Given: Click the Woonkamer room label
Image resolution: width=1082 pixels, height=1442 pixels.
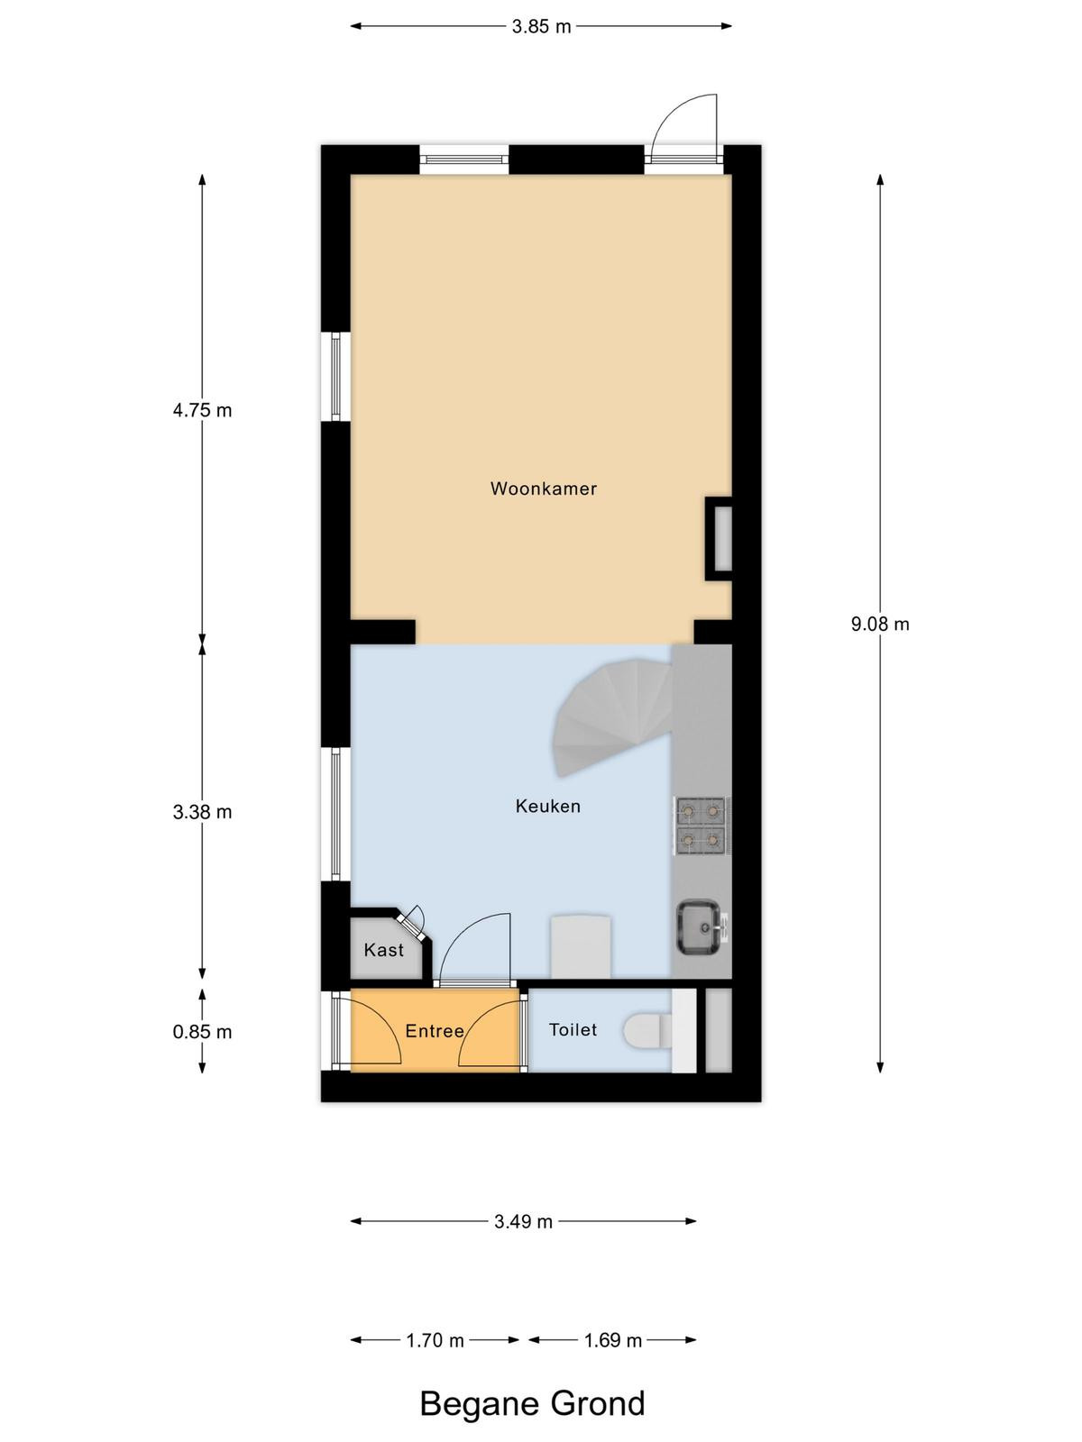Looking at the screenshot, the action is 544,488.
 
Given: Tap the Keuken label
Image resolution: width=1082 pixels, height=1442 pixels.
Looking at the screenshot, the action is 548,806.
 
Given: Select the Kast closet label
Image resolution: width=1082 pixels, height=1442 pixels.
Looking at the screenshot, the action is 384,950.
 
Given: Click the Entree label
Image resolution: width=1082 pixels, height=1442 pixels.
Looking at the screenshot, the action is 435,1031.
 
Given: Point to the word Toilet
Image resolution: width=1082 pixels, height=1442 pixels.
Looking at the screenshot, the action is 573,1029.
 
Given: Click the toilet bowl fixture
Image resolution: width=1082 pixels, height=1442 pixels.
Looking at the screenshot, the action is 647,1031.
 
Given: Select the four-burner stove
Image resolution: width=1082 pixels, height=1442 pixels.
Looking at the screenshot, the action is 701,826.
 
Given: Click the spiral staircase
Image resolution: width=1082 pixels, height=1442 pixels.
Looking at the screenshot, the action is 614,719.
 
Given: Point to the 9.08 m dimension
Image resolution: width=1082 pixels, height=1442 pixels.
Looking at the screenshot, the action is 880,624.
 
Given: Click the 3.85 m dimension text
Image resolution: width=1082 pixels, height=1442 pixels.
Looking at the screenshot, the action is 541,26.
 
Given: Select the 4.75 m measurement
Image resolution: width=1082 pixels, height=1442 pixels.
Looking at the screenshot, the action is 202,411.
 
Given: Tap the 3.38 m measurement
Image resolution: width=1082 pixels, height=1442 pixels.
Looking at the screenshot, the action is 202,813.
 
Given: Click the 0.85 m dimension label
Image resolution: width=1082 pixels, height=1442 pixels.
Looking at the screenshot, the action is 202,1032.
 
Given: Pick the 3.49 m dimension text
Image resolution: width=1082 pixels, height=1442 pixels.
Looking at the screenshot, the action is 524,1222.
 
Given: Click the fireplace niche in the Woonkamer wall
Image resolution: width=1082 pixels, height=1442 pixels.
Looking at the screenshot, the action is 719,539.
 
